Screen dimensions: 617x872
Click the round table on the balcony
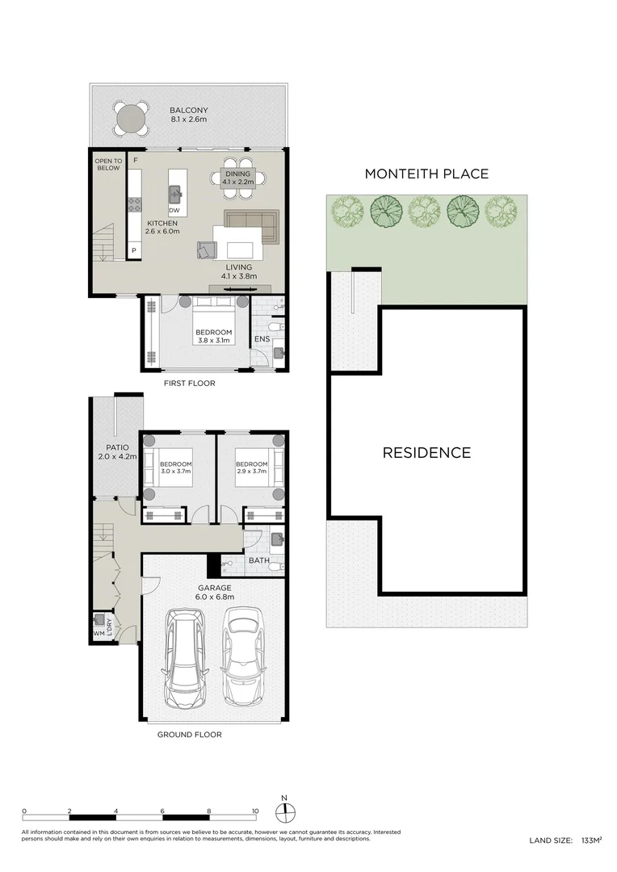tap(130, 118)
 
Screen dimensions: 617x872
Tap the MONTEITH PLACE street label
tap(426, 174)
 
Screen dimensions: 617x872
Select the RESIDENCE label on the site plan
tap(426, 453)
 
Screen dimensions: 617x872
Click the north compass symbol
tap(285, 811)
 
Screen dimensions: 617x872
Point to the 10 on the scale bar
tap(255, 811)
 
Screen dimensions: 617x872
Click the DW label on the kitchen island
tap(174, 210)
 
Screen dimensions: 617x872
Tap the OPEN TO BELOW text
tap(108, 165)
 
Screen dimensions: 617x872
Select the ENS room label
tap(262, 338)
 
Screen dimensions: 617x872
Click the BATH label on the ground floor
tap(259, 560)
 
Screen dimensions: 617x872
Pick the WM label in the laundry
tap(99, 633)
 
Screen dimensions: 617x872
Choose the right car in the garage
tap(242, 656)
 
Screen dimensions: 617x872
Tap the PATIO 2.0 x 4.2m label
tap(117, 451)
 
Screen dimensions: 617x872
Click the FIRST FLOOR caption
tap(189, 384)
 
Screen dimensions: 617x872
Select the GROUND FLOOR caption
tap(189, 735)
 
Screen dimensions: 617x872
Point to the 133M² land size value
tap(591, 841)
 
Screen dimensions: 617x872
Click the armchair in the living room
tap(206, 250)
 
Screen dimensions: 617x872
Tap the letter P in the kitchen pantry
tap(134, 251)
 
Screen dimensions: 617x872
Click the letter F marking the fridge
tap(135, 160)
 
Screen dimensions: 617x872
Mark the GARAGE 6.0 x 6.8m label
tap(215, 593)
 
